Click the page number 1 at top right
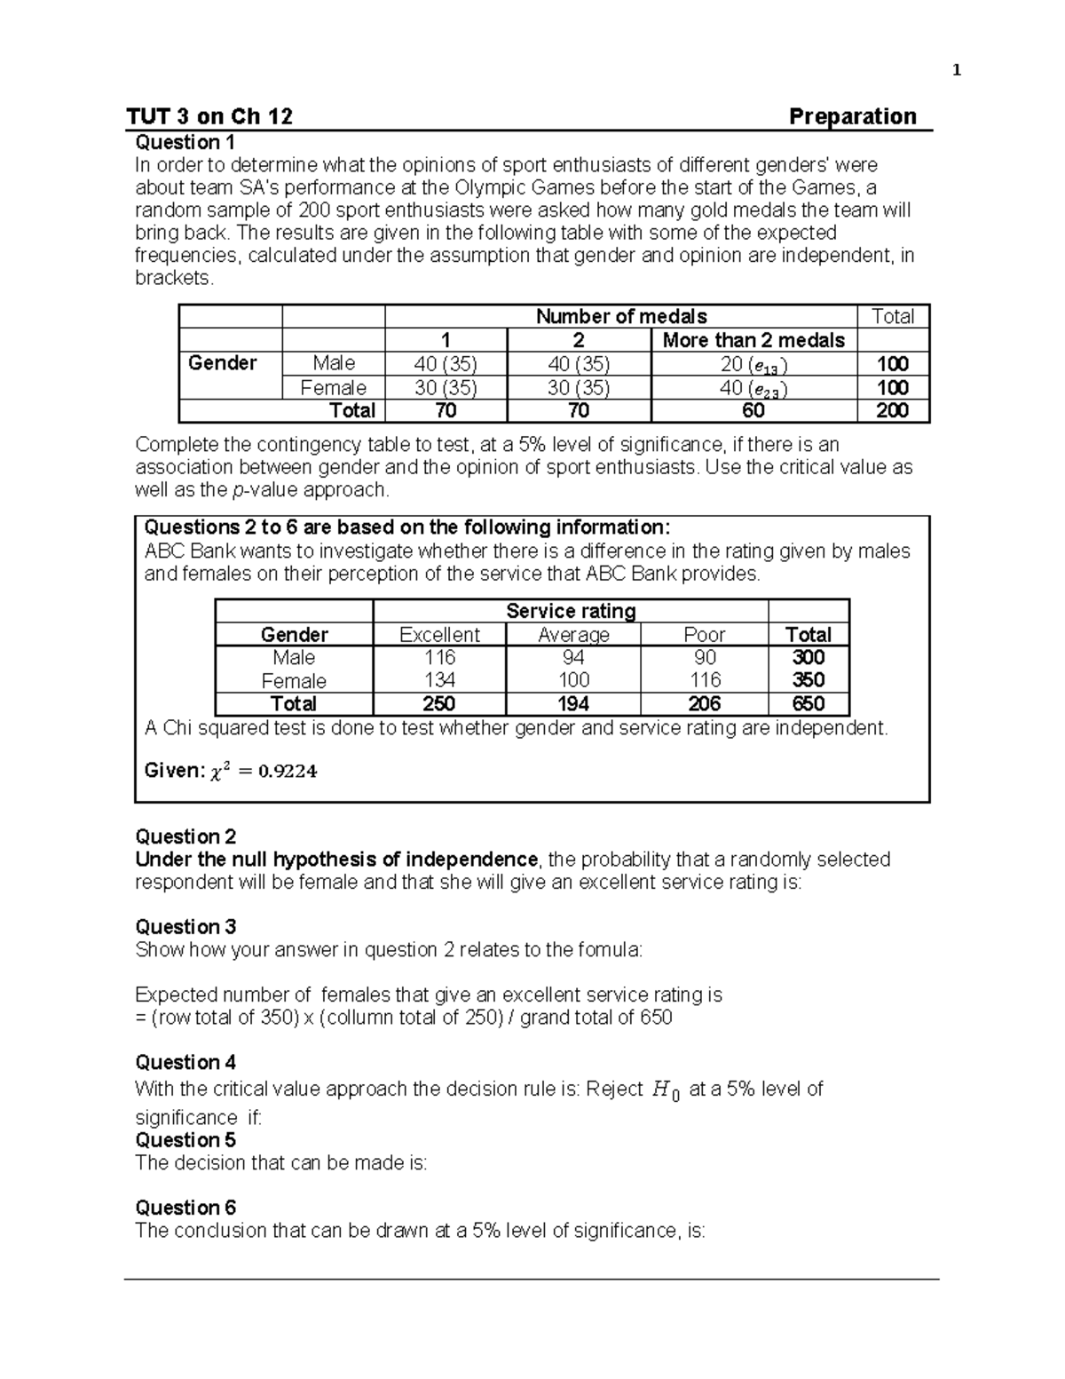tap(956, 71)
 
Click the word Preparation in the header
tap(852, 116)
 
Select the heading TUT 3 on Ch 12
tap(209, 116)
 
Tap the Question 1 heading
tap(185, 142)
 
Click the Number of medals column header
tap(621, 316)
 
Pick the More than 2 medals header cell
tap(753, 340)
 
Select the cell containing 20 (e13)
tap(753, 364)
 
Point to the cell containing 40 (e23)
tap(753, 388)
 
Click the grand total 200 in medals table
tap(892, 411)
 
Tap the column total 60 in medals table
tap(753, 411)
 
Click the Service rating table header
tap(571, 611)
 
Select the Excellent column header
tap(439, 635)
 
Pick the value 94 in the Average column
tap(573, 658)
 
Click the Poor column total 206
tap(704, 704)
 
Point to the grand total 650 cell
tap(809, 704)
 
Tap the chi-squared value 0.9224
tap(287, 771)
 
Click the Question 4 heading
tap(185, 1062)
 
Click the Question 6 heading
tap(185, 1208)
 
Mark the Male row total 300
tap(809, 658)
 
